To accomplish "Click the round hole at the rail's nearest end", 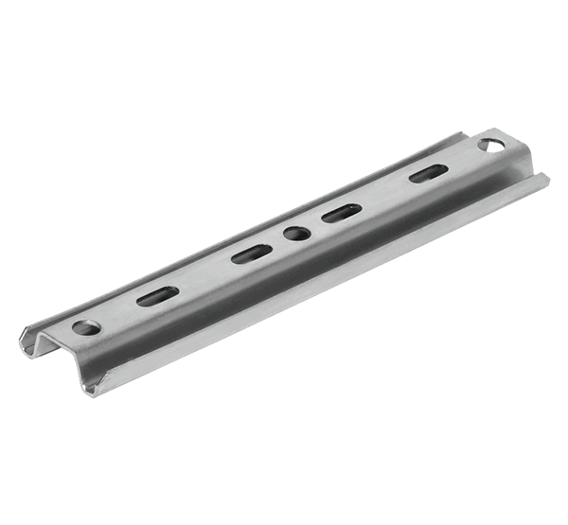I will click(x=86, y=328).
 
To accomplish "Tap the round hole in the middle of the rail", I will click(x=296, y=233).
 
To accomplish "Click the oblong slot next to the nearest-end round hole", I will click(x=156, y=296).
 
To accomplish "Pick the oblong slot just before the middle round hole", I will click(x=251, y=253).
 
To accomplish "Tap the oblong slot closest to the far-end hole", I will click(x=425, y=174).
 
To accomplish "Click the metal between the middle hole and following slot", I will click(x=316, y=224).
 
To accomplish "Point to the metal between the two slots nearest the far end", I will click(x=382, y=194).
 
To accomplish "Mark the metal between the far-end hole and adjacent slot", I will click(x=460, y=159).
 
